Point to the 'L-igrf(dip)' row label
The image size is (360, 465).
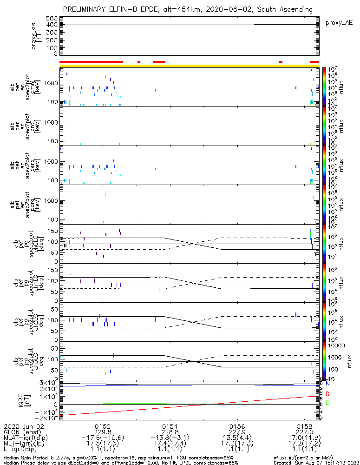point(23,450)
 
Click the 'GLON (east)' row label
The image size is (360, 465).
point(23,432)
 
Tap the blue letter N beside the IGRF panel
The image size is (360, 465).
point(327,384)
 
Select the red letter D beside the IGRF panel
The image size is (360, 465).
point(327,394)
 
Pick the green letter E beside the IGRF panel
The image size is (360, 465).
point(327,402)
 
